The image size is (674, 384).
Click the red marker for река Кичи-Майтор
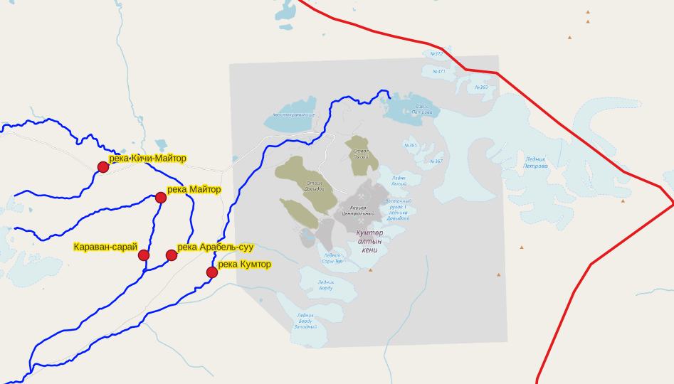103,167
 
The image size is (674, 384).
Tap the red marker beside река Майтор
161,198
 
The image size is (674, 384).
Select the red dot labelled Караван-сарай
144,255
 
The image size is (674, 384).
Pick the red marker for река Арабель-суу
172,255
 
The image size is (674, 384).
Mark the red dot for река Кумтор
212,272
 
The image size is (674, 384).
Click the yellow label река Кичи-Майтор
147,158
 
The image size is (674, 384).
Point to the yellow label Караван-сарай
105,247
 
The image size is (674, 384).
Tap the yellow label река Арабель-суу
215,247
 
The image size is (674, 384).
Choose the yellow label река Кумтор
244,264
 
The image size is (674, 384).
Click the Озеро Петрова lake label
421,110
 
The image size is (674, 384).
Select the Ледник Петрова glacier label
536,163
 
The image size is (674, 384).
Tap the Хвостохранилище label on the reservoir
294,114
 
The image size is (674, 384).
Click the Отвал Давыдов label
310,186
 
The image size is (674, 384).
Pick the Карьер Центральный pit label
358,210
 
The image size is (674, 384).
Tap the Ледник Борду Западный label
305,321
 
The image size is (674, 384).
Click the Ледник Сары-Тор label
332,258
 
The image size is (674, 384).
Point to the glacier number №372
437,53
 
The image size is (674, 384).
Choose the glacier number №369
482,87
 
